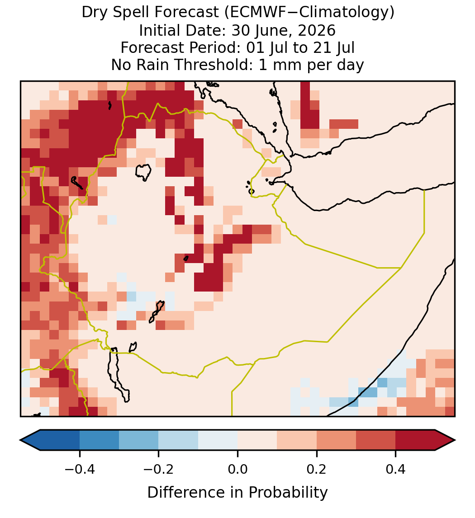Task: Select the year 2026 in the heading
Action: click(317, 30)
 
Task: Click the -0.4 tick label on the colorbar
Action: click(79, 469)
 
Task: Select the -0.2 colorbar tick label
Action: click(158, 469)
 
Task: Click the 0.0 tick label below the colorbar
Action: click(237, 469)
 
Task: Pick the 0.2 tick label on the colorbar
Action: click(317, 469)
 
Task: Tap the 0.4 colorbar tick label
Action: click(396, 469)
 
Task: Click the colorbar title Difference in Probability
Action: click(237, 493)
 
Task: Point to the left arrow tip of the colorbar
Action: click(20, 440)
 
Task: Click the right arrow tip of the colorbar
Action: click(456, 440)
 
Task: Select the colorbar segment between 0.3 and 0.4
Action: click(376, 440)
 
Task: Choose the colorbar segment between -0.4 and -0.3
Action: click(99, 440)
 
